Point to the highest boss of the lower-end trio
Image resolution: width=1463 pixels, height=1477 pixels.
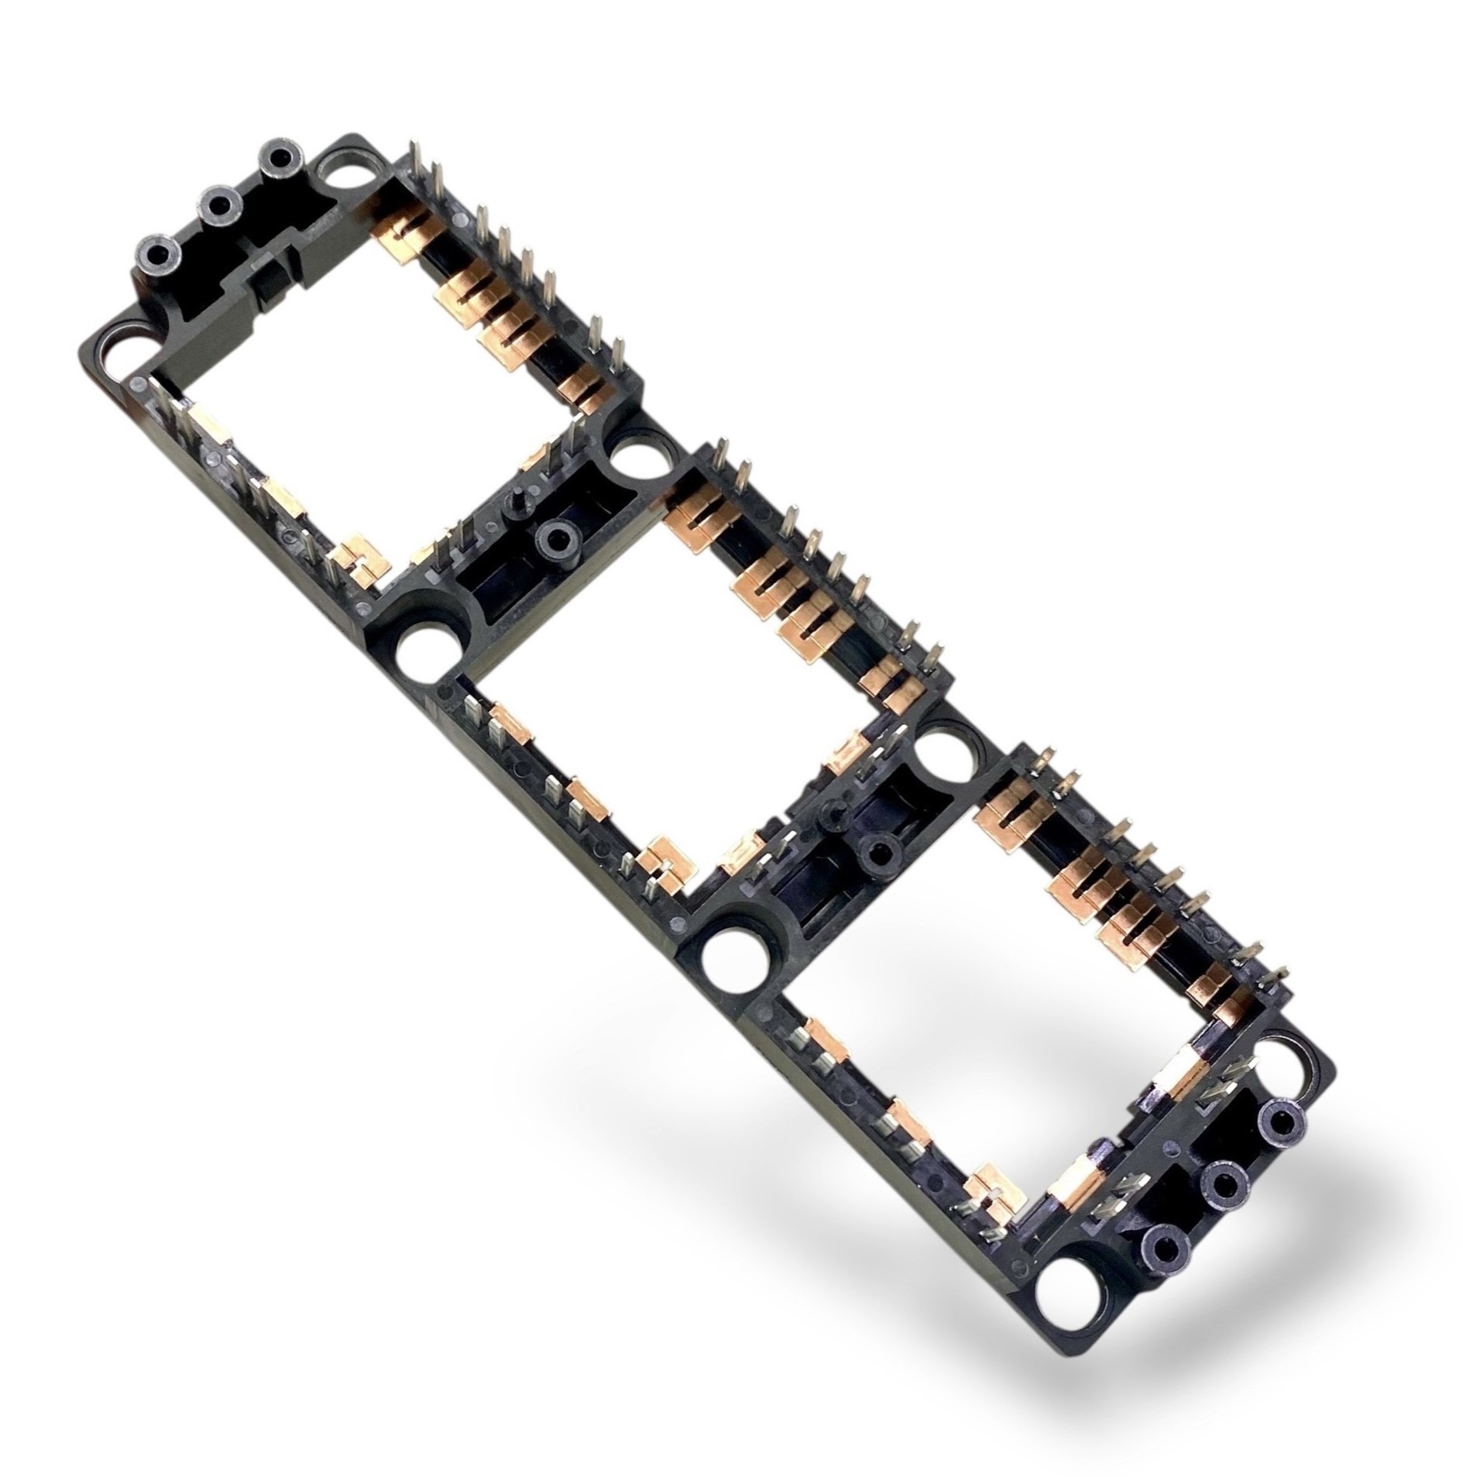(1283, 1126)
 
